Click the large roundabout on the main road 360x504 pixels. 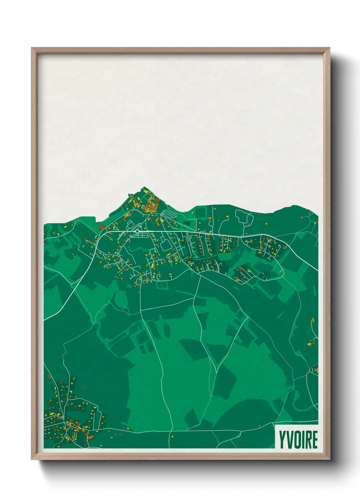pyautogui.click(x=137, y=232)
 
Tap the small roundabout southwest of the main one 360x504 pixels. pyautogui.click(x=117, y=254)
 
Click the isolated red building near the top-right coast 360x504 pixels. pyautogui.click(x=301, y=217)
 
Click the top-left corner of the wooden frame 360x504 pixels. pyautogui.click(x=32, y=48)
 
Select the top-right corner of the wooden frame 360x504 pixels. pyautogui.click(x=330, y=48)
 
